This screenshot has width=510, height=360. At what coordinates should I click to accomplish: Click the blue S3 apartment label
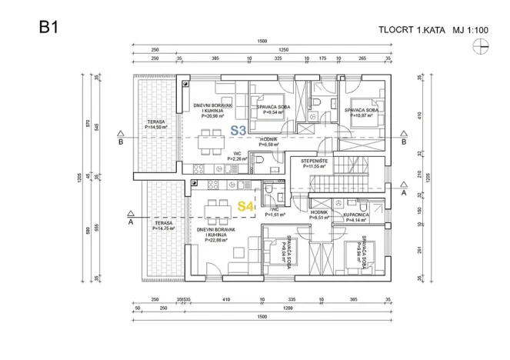238,131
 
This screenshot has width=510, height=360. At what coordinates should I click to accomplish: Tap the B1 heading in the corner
49,28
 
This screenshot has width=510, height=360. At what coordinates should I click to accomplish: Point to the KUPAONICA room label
359,218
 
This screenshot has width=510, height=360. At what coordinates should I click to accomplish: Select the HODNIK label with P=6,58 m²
268,142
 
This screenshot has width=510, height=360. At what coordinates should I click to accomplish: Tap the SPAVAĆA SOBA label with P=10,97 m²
365,112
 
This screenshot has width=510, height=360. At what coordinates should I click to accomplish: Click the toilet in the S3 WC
259,161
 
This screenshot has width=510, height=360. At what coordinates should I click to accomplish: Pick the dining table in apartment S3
209,141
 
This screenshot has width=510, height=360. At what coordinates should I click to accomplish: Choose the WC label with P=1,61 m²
275,213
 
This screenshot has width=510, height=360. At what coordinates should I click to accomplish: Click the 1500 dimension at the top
263,41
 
